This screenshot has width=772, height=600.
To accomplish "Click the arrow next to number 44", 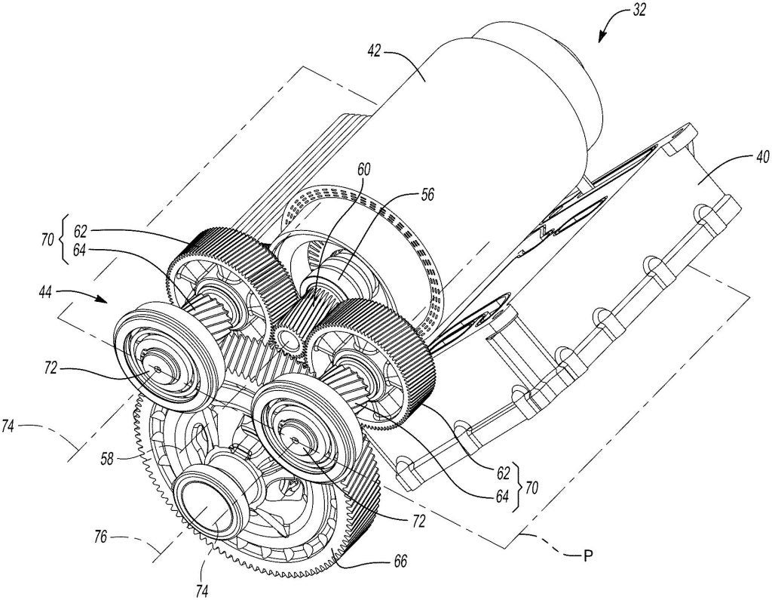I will [96, 298].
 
